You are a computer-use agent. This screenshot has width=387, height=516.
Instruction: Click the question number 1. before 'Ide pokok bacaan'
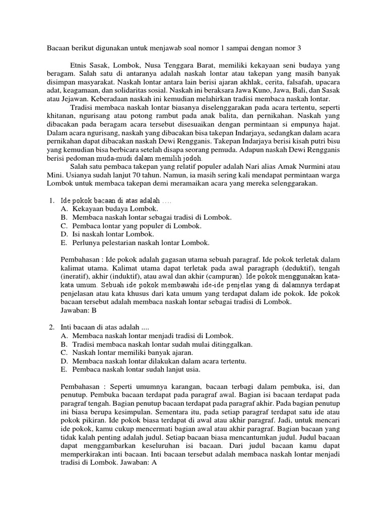pos(51,201)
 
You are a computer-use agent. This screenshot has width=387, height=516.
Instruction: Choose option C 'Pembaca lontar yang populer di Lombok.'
pos(132,226)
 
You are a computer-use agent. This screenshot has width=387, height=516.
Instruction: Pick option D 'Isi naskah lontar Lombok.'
pos(107,234)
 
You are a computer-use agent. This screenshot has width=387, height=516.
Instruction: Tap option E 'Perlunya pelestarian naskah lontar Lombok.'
pos(135,243)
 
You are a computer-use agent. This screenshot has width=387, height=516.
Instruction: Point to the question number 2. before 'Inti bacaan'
pos(51,328)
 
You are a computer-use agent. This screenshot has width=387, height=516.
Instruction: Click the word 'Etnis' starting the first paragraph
pos(79,66)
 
